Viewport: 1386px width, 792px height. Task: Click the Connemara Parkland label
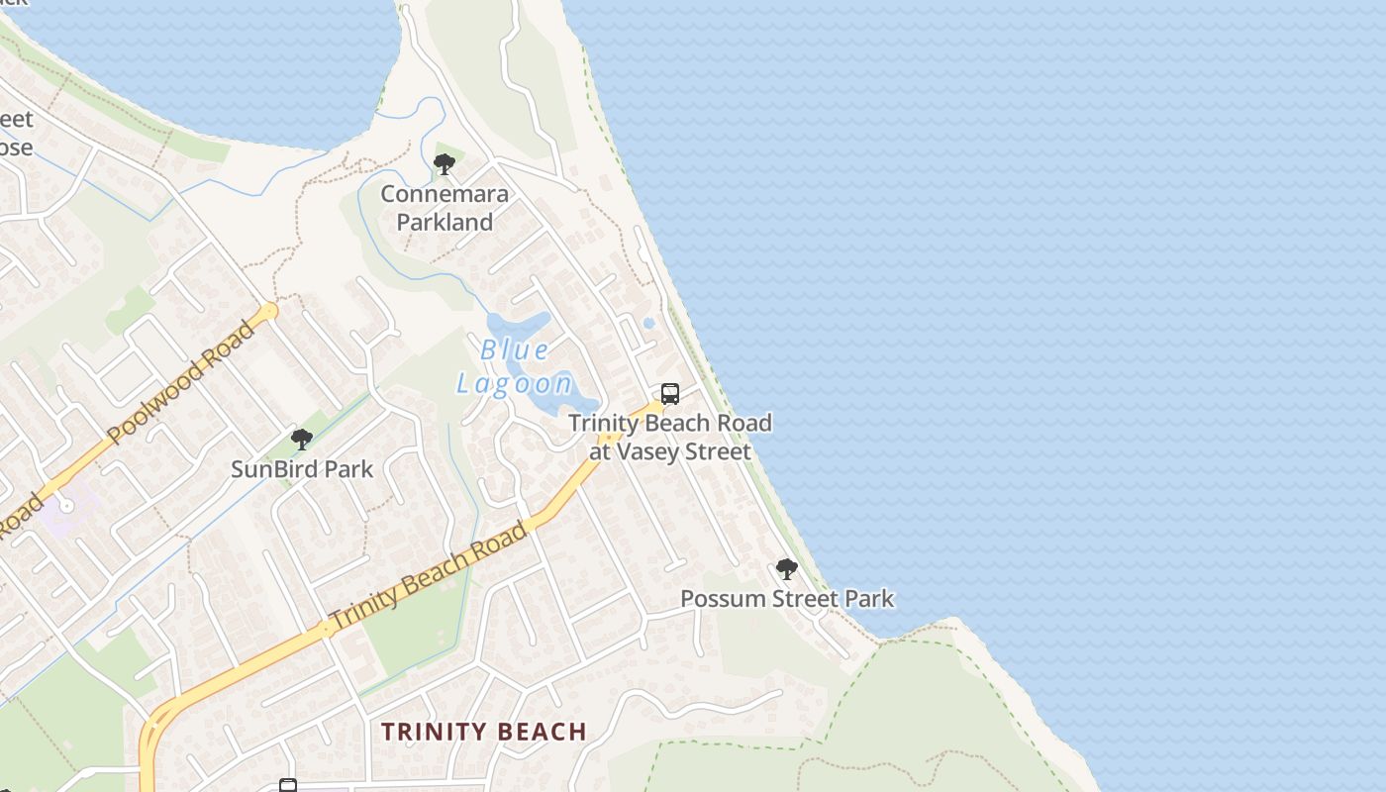[x=445, y=208]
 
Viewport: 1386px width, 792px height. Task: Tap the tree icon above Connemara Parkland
[x=445, y=163]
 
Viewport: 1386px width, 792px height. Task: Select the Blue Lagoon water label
[x=515, y=366]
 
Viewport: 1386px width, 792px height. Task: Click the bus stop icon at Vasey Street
[x=670, y=394]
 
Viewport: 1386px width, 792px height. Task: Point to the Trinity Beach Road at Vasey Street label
[x=670, y=438]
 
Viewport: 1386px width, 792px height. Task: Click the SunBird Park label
[x=302, y=469]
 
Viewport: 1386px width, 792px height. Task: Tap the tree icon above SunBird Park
[x=302, y=440]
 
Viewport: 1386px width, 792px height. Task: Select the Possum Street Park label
[x=787, y=599]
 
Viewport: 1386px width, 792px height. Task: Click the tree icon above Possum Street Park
[x=787, y=569]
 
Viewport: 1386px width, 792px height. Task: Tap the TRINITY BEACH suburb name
[x=484, y=732]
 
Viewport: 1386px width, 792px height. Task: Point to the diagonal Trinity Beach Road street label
[x=428, y=576]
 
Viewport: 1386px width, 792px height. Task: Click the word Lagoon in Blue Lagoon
[x=515, y=383]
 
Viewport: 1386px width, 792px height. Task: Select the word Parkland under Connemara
[x=445, y=223]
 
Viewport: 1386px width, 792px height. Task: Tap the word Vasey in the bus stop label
[x=656, y=452]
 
